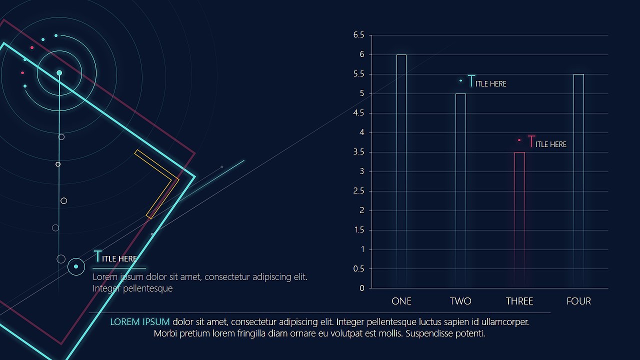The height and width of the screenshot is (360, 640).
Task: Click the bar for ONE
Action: (x=401, y=170)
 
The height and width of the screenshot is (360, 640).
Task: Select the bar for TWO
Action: (x=460, y=190)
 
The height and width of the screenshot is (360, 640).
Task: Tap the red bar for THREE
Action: (x=519, y=220)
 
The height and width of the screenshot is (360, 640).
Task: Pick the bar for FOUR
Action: (x=578, y=180)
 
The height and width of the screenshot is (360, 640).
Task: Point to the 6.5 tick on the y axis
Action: (x=359, y=35)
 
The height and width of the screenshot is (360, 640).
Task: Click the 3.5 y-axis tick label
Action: (x=359, y=152)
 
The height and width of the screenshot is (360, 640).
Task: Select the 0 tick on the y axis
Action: (x=362, y=288)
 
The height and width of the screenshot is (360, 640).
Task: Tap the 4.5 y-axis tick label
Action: (x=359, y=113)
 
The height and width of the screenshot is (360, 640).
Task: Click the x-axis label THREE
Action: (x=519, y=301)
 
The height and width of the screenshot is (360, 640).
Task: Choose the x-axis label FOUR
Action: (x=578, y=301)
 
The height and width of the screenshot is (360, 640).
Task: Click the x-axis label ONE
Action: (x=401, y=301)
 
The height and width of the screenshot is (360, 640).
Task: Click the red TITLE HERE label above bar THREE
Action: (x=547, y=143)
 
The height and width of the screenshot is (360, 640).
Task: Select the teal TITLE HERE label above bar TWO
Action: (x=487, y=82)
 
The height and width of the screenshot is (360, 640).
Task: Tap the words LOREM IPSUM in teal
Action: (x=140, y=321)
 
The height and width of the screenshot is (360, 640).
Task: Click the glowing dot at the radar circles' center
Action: (x=59, y=73)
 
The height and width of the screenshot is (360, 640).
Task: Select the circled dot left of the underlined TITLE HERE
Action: (x=76, y=266)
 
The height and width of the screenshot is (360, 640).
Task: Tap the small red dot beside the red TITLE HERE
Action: (x=519, y=140)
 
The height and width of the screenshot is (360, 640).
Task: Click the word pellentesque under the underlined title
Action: (x=147, y=288)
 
